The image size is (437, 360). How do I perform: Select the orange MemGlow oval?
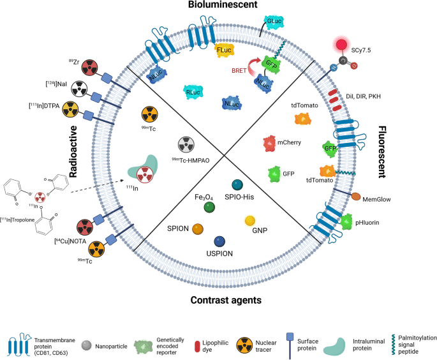click(355, 199)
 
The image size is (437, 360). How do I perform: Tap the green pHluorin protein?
click(345, 221)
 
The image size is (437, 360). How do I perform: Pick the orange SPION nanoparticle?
click(198, 229)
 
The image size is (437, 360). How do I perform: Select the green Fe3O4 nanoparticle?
click(208, 206)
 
